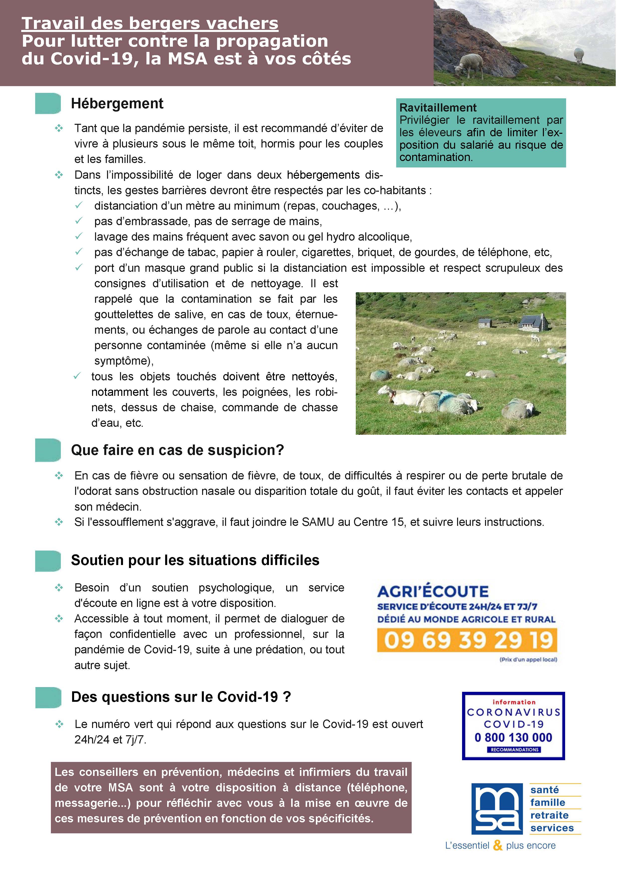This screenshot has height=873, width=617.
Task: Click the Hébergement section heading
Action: click(117, 103)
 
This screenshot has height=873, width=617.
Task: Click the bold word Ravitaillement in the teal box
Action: click(438, 108)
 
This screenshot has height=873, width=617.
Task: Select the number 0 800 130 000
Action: click(513, 738)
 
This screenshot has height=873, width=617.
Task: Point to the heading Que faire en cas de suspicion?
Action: click(177, 450)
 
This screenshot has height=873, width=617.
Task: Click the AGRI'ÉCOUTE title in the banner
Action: click(433, 592)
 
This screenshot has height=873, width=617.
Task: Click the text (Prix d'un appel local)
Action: click(528, 660)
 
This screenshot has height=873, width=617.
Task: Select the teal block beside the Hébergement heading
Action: click(48, 103)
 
